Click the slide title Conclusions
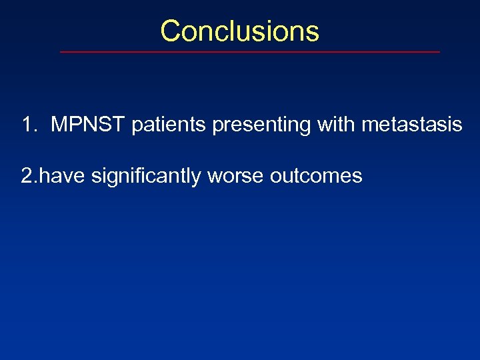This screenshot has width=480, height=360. coord(240,31)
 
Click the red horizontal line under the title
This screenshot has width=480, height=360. coord(250,51)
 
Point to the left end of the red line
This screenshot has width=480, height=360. coord(61,51)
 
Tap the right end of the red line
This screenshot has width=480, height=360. coord(439,51)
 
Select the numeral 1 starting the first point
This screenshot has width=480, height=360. coord(27,125)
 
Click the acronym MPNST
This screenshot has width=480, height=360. coord(89,125)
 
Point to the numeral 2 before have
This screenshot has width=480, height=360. coord(27,176)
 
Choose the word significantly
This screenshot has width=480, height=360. coord(147,176)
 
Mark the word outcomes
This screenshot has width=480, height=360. coord(316,176)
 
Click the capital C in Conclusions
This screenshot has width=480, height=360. coord(171,31)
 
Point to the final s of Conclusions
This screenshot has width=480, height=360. coord(313,31)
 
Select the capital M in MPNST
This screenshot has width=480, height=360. coord(59,125)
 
